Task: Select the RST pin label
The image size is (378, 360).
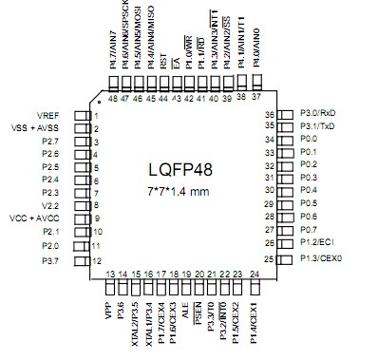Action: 164,63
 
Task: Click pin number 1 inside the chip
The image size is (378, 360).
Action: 98,115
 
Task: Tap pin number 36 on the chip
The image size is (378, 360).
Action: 270,114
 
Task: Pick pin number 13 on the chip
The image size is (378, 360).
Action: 110,275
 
